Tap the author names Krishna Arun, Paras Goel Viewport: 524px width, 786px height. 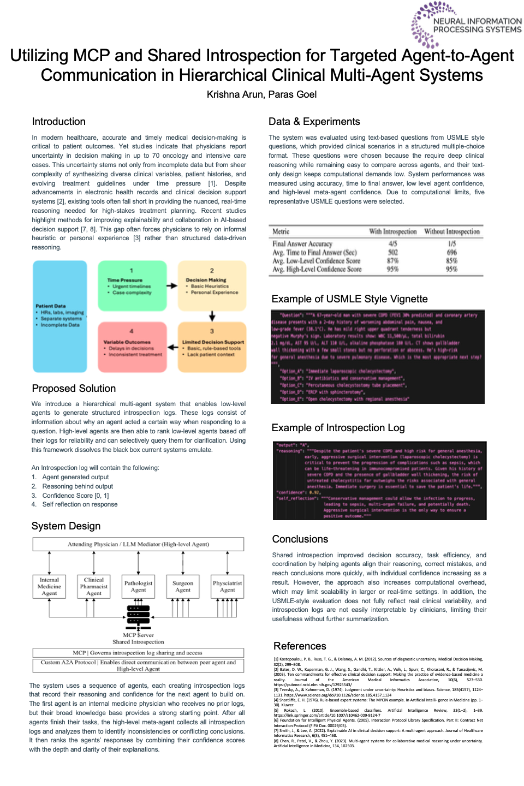(x=261, y=94)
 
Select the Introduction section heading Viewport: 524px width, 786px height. (x=58, y=122)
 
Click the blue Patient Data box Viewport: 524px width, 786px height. (x=59, y=317)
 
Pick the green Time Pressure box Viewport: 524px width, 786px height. (x=132, y=285)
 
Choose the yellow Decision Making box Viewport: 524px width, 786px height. (x=212, y=285)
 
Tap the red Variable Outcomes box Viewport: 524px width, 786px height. (x=132, y=347)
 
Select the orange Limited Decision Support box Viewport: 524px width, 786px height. (x=212, y=347)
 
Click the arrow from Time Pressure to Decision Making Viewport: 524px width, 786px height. (x=172, y=285)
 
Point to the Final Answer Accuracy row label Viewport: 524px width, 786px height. (x=302, y=244)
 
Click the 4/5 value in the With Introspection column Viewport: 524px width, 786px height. (x=393, y=244)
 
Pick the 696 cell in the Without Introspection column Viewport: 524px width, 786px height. (x=451, y=253)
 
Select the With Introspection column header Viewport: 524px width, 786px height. (x=392, y=231)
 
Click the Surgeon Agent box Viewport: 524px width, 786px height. (x=183, y=587)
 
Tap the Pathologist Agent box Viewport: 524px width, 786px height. (x=138, y=587)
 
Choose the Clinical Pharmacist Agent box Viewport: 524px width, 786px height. (x=94, y=587)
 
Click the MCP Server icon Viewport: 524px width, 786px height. (x=138, y=615)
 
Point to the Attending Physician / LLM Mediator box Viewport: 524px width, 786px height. (x=138, y=544)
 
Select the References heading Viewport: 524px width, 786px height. (x=300, y=646)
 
